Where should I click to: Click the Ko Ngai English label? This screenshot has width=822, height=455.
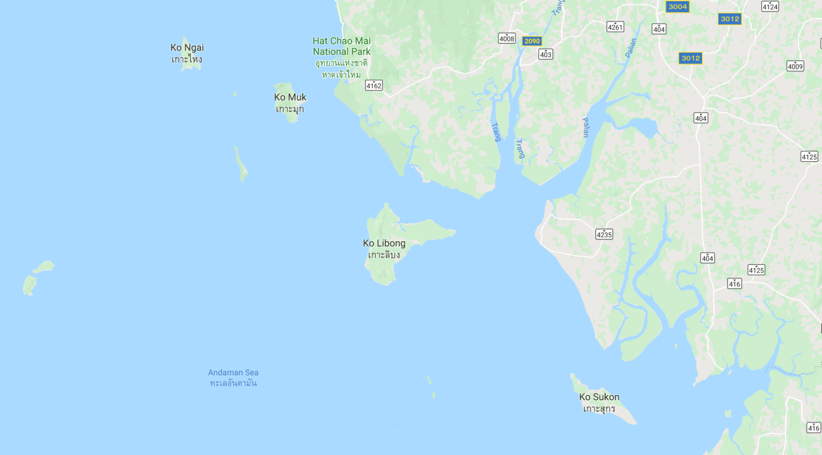coord(187,48)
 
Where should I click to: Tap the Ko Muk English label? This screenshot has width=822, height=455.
coord(290,97)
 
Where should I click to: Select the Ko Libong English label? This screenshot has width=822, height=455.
coord(384,243)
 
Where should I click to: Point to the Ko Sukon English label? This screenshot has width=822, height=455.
coord(599,397)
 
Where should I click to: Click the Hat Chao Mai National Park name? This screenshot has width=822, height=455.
coord(341,46)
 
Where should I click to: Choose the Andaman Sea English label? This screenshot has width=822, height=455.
coord(233,373)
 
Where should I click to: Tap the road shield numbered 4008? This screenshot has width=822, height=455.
coord(506,38)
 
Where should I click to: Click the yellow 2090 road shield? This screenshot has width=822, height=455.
coord(532,41)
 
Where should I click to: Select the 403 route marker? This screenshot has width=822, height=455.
coord(545,54)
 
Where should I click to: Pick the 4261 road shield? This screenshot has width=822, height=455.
coord(615,27)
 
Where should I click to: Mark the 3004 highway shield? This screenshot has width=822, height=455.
coord(677,7)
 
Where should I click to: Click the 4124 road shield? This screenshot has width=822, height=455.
coord(770,7)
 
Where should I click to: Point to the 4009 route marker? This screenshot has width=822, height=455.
coord(795,66)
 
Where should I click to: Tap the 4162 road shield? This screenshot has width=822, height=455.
coord(374,86)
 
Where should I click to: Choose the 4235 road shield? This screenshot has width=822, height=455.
coord(604,235)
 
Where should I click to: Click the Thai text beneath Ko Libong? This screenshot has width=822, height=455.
coord(384,255)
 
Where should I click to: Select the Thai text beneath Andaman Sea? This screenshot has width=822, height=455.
coord(233,383)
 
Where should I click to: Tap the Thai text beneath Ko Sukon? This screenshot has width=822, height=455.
coord(599,409)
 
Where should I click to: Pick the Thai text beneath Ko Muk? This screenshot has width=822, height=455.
coord(290,109)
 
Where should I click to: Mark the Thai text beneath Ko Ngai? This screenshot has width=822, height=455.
coord(187,59)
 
